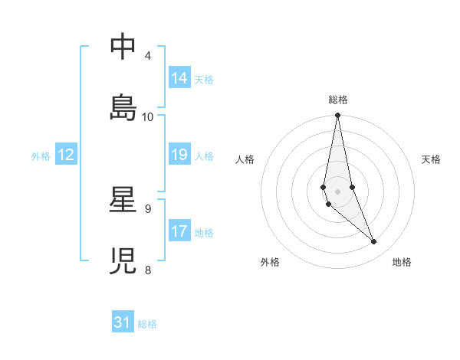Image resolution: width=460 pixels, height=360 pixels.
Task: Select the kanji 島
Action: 123,108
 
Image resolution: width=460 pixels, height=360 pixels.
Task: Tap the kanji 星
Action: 123,201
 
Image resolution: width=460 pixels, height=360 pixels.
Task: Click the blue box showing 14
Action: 179,78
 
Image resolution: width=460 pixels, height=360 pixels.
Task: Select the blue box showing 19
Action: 179,155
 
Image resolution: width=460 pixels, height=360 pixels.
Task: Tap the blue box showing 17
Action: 179,232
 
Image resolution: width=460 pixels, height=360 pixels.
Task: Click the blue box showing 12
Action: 66,155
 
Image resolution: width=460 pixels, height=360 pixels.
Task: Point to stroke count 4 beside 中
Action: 148,56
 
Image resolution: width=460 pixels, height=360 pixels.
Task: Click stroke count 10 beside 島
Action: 148,117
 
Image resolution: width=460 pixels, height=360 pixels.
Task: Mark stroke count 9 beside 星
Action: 148,208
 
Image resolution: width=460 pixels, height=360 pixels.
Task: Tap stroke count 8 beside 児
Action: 148,270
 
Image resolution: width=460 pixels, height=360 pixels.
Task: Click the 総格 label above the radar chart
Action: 338,100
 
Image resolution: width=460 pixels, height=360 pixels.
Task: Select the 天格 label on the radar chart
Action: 431,159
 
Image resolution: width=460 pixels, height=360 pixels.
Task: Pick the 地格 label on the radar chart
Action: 402,262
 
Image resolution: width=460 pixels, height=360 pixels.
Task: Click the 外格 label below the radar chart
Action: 270,262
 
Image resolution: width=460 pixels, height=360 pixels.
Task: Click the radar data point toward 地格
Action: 374,241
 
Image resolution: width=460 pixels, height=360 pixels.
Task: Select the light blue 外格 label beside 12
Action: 41,156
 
